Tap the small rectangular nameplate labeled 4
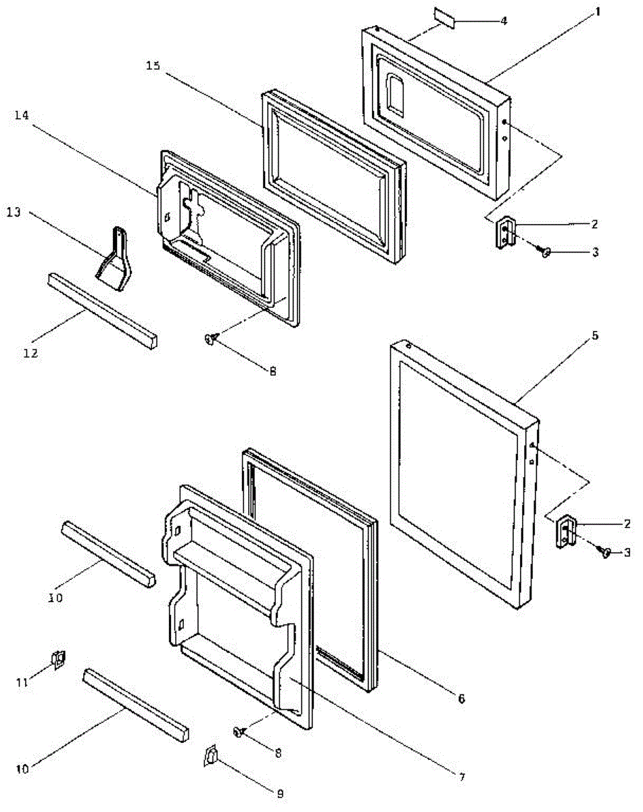[x=446, y=20]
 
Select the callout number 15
[x=154, y=65]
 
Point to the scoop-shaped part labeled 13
[x=115, y=264]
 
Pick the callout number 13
[x=15, y=212]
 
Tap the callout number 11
[x=22, y=682]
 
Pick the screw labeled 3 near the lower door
[x=606, y=552]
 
